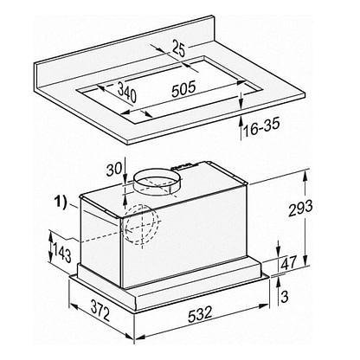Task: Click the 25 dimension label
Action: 178,48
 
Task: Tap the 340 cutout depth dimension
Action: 127,92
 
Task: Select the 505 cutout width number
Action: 183,89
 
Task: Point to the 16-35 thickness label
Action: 261,127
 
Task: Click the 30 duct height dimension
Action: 114,169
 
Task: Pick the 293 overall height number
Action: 300,208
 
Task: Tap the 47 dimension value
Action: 289,263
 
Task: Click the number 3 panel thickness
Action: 285,297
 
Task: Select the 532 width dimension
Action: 200,314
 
